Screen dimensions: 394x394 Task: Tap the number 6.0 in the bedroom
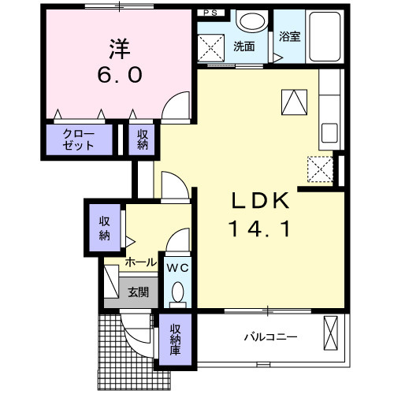pyautogui.click(x=120, y=76)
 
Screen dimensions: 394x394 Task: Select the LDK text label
pyautogui.click(x=261, y=201)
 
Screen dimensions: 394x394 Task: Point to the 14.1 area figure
pyautogui.click(x=261, y=229)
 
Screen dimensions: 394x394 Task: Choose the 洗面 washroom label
pyautogui.click(x=243, y=46)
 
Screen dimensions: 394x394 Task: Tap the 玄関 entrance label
pyautogui.click(x=138, y=292)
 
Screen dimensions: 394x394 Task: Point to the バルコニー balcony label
pyautogui.click(x=269, y=336)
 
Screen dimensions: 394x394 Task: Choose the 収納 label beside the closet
pyautogui.click(x=142, y=139)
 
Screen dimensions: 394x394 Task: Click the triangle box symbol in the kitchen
pyautogui.click(x=292, y=101)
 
